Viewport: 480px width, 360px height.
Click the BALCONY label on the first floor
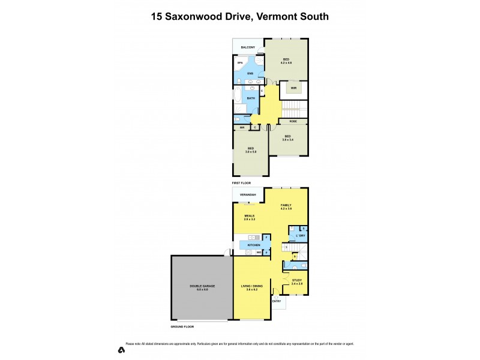248,47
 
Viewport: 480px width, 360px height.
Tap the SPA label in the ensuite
239,62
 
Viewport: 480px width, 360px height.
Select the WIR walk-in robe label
293,88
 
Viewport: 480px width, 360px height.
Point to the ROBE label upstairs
293,121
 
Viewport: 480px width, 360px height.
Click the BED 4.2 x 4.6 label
286,61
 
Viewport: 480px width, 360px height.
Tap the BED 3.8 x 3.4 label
288,138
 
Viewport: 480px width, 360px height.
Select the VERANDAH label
248,195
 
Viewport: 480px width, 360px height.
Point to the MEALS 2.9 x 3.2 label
250,217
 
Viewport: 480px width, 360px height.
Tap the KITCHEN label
253,245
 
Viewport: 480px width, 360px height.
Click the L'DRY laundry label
301,235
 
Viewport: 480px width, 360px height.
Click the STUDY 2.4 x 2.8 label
298,282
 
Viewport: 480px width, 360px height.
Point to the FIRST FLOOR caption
241,182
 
